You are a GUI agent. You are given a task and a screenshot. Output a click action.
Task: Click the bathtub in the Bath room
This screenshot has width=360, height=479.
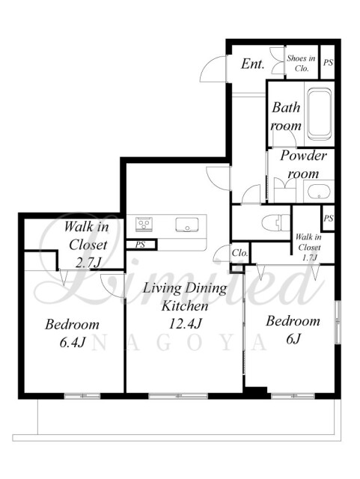[x=319, y=114]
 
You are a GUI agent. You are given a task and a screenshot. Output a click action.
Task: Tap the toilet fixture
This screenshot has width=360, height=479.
[x=276, y=223]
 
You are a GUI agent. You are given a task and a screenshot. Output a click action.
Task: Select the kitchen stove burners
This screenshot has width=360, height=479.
[x=142, y=225]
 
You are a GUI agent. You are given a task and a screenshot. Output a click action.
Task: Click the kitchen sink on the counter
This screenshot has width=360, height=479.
[x=186, y=225]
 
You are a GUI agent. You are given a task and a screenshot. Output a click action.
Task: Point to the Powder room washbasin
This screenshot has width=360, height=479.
[x=319, y=192]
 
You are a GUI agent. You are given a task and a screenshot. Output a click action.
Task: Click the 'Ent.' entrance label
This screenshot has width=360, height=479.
[x=252, y=64]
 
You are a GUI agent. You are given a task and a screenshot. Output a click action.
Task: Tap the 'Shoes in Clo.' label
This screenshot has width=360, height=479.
[x=301, y=63]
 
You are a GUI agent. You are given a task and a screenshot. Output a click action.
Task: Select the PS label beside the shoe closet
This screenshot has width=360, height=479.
[x=328, y=62]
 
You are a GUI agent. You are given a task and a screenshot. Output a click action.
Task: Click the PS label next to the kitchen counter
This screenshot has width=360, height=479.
[x=140, y=245]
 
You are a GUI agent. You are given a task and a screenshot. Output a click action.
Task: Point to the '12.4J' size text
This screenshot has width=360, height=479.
[x=185, y=323]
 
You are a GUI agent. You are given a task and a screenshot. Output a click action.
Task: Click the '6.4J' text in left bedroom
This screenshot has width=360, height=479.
[x=72, y=342]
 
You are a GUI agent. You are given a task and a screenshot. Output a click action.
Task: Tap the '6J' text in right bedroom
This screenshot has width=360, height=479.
[x=293, y=339]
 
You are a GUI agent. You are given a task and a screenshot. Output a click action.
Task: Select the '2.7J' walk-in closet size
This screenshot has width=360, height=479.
[x=88, y=263]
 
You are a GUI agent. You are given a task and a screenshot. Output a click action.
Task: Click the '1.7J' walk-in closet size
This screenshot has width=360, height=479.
[x=310, y=257]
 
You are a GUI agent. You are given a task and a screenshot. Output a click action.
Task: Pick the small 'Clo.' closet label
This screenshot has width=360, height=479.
[x=240, y=253]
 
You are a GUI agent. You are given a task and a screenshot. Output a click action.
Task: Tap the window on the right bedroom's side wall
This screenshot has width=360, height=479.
[x=338, y=322]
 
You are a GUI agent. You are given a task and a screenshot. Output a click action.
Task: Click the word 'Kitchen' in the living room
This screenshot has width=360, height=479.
[x=185, y=306]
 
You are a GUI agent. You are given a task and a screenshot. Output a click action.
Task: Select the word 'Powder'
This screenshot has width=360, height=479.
[x=303, y=156]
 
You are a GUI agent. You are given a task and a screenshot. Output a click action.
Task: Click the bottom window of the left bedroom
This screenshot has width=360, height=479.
[x=82, y=396]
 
